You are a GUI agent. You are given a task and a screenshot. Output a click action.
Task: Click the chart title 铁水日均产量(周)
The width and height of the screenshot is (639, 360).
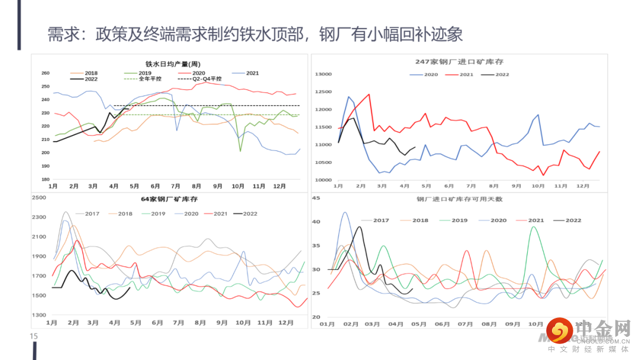pos(172,64)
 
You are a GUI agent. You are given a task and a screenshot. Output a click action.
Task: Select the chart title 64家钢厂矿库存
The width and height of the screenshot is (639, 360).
pos(169,199)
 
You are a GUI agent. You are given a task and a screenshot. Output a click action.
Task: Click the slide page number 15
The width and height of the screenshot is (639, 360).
pos(34,336)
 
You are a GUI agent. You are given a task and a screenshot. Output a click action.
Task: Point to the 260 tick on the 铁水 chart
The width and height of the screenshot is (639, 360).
pos(46,73)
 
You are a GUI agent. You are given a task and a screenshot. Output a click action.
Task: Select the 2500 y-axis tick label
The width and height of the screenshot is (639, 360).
pos(38,198)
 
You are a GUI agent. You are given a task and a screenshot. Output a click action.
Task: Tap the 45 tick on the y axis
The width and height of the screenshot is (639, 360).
pos(315,198)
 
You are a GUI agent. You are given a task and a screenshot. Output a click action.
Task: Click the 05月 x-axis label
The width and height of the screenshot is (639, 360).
pos(418,324)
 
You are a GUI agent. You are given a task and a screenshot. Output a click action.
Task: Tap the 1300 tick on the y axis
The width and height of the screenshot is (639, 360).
pos(38,316)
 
